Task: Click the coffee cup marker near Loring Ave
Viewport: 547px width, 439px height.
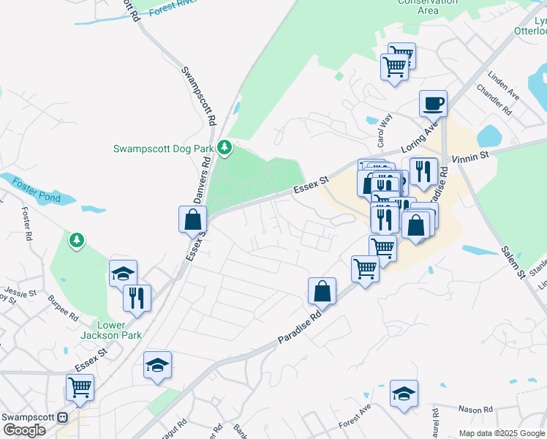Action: tap(433, 103)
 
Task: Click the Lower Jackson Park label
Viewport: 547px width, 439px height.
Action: tap(120, 329)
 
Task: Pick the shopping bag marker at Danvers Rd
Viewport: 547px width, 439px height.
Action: tap(193, 219)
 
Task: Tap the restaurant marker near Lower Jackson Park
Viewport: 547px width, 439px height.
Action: tap(137, 298)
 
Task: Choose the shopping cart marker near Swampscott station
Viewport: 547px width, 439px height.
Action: tap(80, 388)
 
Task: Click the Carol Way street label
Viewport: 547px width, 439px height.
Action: tap(385, 127)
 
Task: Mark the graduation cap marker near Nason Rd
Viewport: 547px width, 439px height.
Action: tap(404, 394)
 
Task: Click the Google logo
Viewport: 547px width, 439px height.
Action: tap(24, 430)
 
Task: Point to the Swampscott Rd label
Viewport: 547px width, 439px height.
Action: tap(199, 96)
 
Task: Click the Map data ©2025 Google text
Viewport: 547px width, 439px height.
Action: tap(501, 433)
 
